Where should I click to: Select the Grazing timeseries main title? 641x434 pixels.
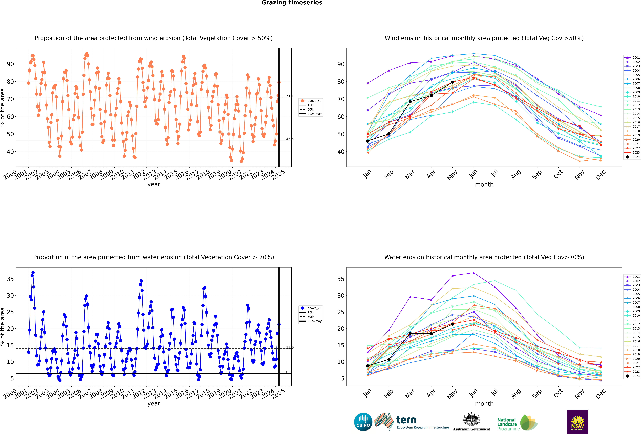[x=292, y=3]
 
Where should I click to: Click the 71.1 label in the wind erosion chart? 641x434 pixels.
[x=290, y=96]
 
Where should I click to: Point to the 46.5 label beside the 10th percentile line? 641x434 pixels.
[x=290, y=139]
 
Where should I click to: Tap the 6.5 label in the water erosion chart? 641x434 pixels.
[x=289, y=372]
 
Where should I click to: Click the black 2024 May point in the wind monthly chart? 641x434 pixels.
[x=452, y=82]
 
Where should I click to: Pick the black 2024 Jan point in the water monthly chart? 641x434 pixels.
[x=368, y=366]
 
